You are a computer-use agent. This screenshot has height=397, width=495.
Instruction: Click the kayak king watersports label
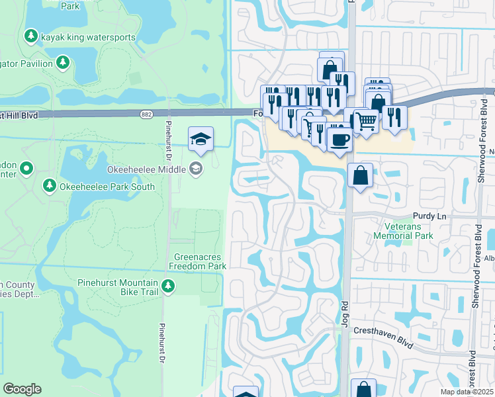[88, 37]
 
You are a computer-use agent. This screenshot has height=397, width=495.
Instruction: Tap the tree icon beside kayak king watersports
[30, 35]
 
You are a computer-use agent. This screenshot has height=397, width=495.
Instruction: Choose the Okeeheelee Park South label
[107, 187]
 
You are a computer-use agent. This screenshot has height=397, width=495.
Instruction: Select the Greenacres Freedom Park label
[198, 261]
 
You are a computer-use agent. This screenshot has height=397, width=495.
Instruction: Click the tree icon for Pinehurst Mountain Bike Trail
[169, 286]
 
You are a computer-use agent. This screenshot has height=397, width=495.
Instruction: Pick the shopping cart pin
[367, 121]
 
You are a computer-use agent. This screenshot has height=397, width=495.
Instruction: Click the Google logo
[22, 389]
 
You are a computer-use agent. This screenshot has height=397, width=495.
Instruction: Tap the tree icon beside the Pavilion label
[63, 63]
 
